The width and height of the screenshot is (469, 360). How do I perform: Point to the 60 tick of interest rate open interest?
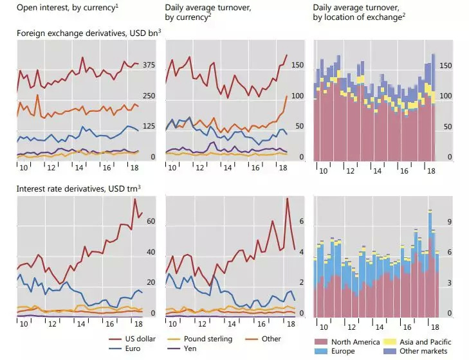pos(152,221)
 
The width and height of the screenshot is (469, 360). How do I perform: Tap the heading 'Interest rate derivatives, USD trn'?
pos(78,188)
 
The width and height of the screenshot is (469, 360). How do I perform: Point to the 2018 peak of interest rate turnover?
pos(287,199)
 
